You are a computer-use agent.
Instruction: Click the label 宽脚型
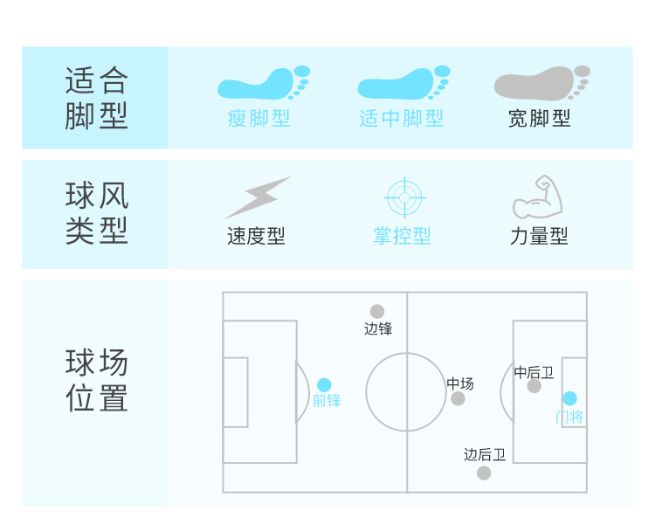[540, 118]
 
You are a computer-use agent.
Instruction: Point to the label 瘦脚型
[259, 118]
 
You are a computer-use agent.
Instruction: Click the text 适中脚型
[401, 118]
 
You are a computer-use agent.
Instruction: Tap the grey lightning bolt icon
[259, 197]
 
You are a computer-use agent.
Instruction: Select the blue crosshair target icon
[403, 197]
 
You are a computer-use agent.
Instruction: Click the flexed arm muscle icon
[537, 197]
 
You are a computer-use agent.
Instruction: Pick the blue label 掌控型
[402, 236]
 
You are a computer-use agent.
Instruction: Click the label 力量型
[539, 236]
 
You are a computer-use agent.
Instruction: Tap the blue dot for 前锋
[324, 385]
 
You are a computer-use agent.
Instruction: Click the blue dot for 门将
[569, 398]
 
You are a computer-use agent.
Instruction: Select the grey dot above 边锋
[377, 311]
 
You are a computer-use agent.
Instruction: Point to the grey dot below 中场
[458, 398]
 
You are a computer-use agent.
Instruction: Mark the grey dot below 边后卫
[484, 473]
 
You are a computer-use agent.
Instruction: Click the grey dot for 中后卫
[534, 386]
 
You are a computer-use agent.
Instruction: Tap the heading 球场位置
[97, 381]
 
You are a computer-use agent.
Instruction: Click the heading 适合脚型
[97, 99]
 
